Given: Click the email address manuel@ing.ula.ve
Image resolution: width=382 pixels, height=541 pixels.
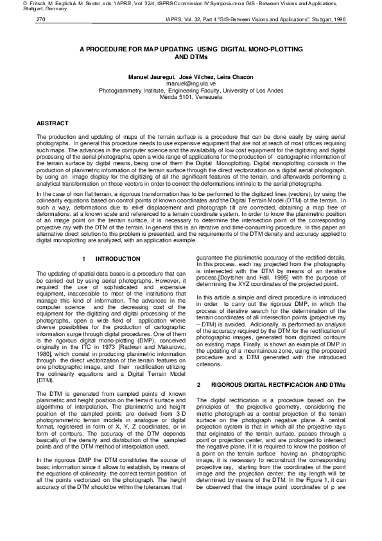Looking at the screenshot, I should (191, 84).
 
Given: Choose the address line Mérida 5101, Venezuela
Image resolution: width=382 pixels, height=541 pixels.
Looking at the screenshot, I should (191, 97).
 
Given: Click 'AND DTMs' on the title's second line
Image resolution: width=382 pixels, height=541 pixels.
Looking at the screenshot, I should (191, 57).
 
